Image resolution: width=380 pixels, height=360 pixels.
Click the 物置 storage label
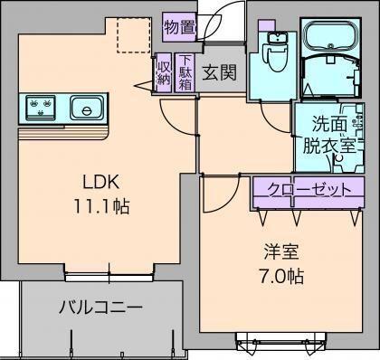180,28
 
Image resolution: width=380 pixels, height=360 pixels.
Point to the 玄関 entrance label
218,72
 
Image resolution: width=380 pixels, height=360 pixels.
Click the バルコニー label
100,308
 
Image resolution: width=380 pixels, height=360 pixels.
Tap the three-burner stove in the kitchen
40,109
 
